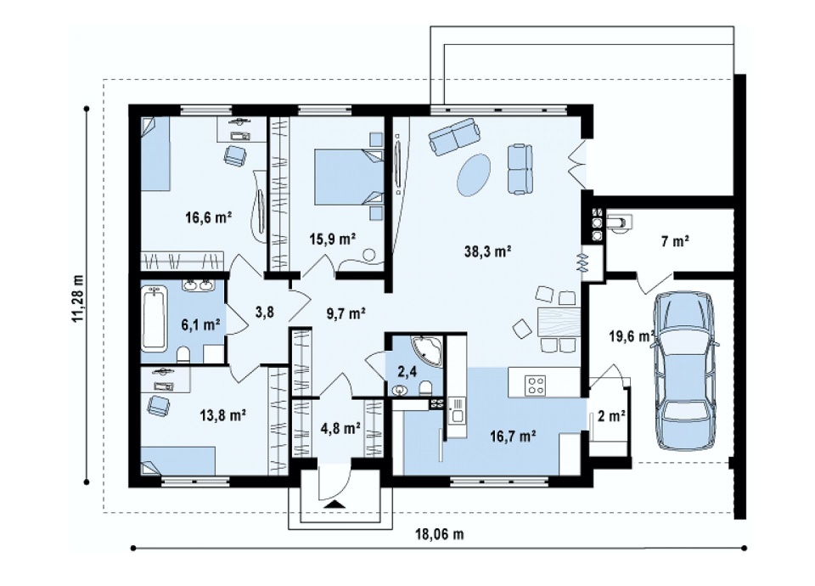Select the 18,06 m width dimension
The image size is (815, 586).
coord(439,534)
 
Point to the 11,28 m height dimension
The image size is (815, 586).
coord(77,298)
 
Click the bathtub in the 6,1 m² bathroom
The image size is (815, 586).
coord(154,317)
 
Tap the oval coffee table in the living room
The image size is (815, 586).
coord(474,175)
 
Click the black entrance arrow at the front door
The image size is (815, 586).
coord(335,504)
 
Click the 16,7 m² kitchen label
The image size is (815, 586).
coord(513,436)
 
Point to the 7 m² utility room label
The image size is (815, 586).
coord(675,241)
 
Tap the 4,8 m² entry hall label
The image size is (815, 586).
coord(340,428)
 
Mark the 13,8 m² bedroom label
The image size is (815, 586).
coord(223,415)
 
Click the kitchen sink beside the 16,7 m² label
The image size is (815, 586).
coord(458,409)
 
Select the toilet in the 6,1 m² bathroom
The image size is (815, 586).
coord(183,355)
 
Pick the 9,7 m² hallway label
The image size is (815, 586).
coord(346,313)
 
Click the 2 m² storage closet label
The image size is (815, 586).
coord(611,416)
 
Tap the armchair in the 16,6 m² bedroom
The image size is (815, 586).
coord(235,155)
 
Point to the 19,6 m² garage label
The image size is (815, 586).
coord(632,336)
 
